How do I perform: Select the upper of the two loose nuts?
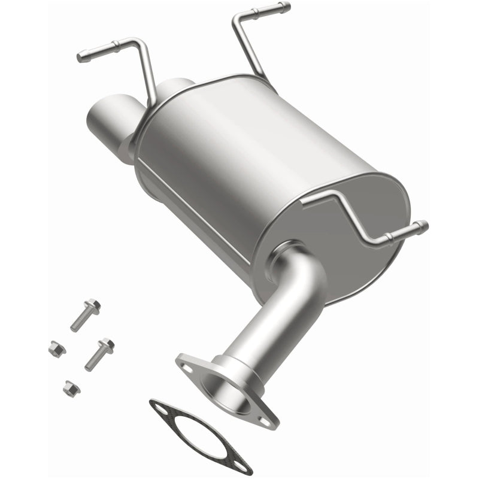point(54,347)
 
